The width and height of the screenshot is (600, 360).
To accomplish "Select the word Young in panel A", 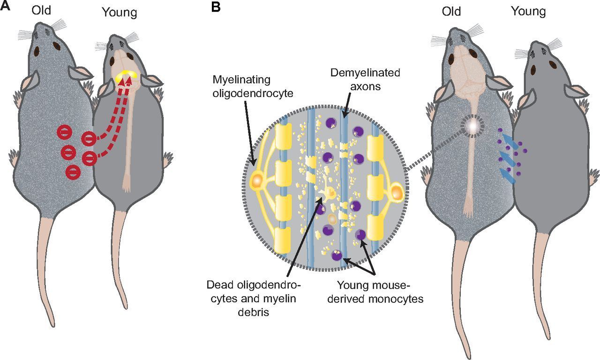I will (120, 13).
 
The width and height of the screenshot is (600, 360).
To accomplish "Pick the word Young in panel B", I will (528, 11).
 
